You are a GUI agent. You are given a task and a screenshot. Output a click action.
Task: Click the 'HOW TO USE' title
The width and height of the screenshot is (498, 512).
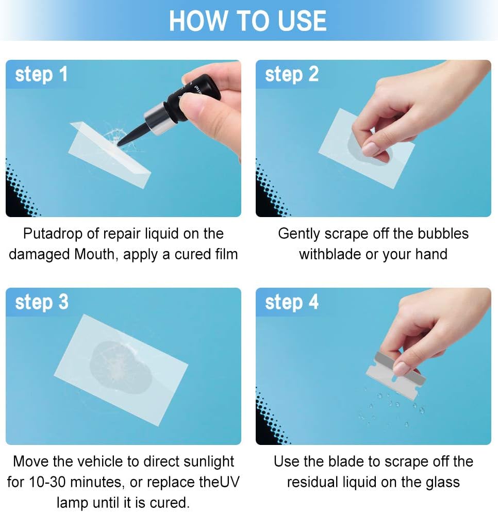click(x=247, y=21)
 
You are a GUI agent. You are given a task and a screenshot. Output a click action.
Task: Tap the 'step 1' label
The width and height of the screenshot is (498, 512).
click(x=41, y=74)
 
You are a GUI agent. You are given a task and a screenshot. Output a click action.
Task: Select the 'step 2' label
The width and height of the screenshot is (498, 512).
click(x=292, y=74)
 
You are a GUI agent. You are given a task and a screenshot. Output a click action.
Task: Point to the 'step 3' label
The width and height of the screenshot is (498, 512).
click(x=42, y=302)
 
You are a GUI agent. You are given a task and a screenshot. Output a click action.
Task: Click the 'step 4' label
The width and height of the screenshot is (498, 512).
click(x=292, y=302)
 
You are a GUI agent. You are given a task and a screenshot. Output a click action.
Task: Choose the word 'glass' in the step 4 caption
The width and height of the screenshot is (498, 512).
click(x=442, y=483)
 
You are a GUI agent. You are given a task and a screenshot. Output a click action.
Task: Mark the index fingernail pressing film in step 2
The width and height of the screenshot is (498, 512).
click(x=370, y=148)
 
